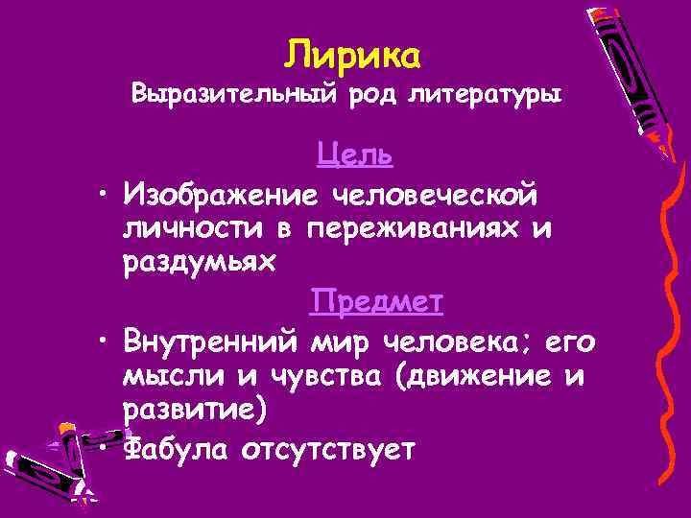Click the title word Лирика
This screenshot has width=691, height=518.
coord(352,57)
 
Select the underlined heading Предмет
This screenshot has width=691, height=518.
coord(376,302)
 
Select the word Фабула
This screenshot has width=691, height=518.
coord(178,448)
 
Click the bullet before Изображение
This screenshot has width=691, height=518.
coord(100,197)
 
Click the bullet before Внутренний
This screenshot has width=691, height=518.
coord(100,342)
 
